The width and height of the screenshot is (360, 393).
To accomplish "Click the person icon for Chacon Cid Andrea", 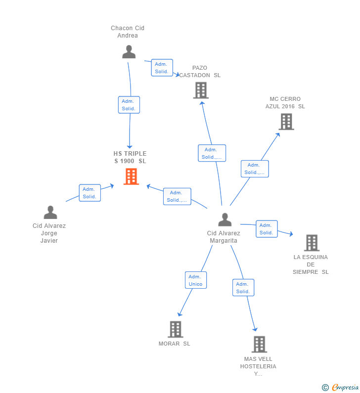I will (129, 52).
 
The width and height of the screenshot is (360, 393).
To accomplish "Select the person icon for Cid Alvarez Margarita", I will (225, 219).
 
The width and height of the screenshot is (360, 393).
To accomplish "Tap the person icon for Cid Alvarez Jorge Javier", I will (50, 213).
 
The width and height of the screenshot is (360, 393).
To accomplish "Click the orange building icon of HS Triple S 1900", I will (131, 176).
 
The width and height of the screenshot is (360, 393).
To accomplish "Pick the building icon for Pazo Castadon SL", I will (201, 90).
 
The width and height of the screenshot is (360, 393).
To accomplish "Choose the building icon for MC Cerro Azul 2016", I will (286, 122).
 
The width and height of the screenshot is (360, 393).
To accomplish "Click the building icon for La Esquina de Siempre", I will (312, 243).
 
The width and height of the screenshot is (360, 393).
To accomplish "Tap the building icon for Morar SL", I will (176, 329).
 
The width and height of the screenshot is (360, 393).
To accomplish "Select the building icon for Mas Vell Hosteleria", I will (259, 344).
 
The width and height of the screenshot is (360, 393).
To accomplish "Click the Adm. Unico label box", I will (195, 280).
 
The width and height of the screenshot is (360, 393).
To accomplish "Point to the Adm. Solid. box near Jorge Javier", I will (90, 193).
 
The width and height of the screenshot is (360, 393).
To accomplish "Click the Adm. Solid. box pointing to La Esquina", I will (266, 229).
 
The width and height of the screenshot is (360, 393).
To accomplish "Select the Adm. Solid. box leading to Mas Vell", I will (243, 288).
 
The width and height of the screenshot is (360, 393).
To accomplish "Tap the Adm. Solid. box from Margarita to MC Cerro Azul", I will (254, 169).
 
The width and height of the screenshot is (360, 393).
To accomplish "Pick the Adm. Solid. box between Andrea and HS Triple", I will (129, 105).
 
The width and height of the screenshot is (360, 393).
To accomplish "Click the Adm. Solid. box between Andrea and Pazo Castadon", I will (161, 68).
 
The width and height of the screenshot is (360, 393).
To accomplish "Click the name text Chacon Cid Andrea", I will (128, 32).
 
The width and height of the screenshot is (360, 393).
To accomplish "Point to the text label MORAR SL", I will (174, 344).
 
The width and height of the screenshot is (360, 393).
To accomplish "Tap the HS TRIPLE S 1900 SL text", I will (130, 157).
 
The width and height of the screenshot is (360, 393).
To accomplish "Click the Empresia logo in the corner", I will (340, 387).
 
